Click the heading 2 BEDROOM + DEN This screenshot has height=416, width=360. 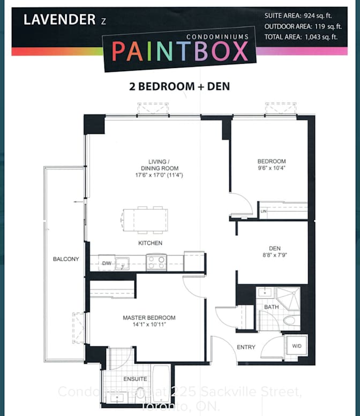tap(179, 86)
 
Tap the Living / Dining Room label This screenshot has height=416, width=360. tap(159, 168)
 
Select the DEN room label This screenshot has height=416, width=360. tap(275, 252)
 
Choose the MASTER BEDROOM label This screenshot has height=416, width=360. tap(149, 321)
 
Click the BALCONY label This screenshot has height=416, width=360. tap(66, 259)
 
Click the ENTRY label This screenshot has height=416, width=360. tap(246, 347)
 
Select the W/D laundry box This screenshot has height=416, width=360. tap(296, 346)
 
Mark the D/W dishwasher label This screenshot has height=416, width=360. tap(107, 263)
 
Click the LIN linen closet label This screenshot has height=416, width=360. tap(263, 212)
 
